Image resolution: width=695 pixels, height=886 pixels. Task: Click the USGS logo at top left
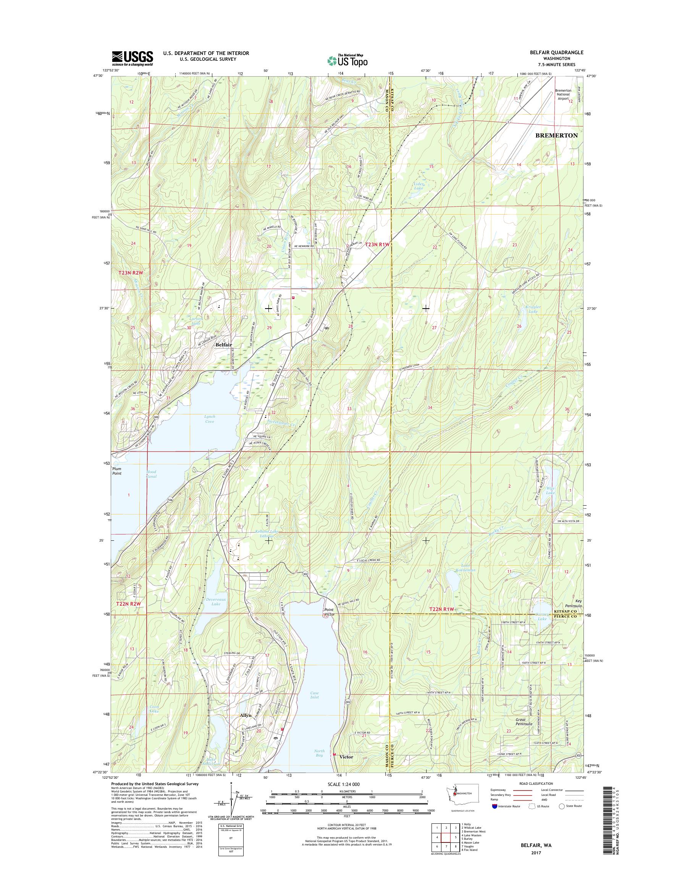pyautogui.click(x=132, y=58)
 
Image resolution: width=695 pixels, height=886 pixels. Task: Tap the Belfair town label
pyautogui.click(x=224, y=345)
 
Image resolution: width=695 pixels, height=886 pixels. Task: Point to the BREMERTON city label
pyautogui.click(x=556, y=136)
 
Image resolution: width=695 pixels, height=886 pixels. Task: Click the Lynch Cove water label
pyautogui.click(x=210, y=419)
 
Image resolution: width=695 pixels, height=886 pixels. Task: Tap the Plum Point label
pyautogui.click(x=117, y=471)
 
